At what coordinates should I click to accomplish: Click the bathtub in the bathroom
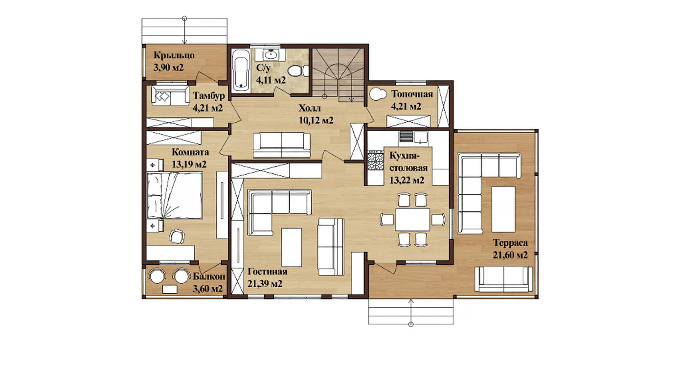pos(241,71)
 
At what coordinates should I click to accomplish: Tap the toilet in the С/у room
pos(298,71)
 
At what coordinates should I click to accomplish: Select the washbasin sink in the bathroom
pos(271,55)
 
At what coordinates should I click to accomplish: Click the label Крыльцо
pos(174,56)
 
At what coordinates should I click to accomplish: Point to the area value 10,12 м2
pos(316,120)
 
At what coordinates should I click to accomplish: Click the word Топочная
pos(412,94)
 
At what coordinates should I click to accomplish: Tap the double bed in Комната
pos(175,195)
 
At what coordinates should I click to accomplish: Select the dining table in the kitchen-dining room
pos(412,219)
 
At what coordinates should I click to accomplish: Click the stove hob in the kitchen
pos(375,161)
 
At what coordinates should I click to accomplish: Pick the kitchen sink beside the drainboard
pos(420,138)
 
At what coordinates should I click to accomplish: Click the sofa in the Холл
pos(282,145)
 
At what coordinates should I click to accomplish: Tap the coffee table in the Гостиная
pos(292,247)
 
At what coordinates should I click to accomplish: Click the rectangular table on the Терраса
pos(503,209)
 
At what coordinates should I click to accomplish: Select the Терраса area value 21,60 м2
pos(510,255)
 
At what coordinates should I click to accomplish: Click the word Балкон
pos(209,276)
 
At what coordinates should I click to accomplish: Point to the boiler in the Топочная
pos(377,94)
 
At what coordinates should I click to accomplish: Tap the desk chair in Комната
pos(177,236)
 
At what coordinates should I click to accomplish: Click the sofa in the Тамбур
pos(171,95)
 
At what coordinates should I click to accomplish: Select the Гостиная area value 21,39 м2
pos(265,284)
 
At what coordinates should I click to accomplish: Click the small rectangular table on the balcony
pos(170,289)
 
